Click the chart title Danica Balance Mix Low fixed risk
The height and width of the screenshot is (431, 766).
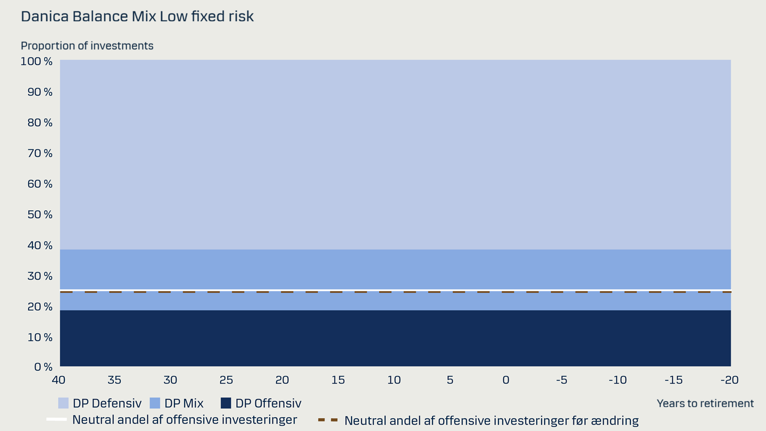137,16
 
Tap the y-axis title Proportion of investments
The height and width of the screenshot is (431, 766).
87,46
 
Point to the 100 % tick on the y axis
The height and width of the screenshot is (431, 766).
37,62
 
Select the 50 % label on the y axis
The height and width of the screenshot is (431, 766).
40,214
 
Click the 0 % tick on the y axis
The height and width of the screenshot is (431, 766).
44,367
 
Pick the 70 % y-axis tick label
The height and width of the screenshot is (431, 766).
40,153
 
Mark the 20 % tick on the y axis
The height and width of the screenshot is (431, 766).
40,307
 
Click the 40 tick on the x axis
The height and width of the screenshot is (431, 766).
59,380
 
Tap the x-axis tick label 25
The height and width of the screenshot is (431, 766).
227,380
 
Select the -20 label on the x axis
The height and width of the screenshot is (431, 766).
729,380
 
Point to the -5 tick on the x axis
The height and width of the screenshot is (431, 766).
562,380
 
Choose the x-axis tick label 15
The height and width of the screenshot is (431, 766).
338,380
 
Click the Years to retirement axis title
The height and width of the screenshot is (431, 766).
705,404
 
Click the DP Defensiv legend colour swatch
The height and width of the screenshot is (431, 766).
63,403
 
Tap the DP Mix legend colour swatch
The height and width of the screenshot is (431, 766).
155,403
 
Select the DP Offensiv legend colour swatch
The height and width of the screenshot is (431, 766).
226,403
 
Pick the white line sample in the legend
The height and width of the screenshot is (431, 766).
56,419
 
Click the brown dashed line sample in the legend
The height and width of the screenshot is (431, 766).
328,420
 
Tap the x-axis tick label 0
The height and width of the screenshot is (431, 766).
506,380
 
